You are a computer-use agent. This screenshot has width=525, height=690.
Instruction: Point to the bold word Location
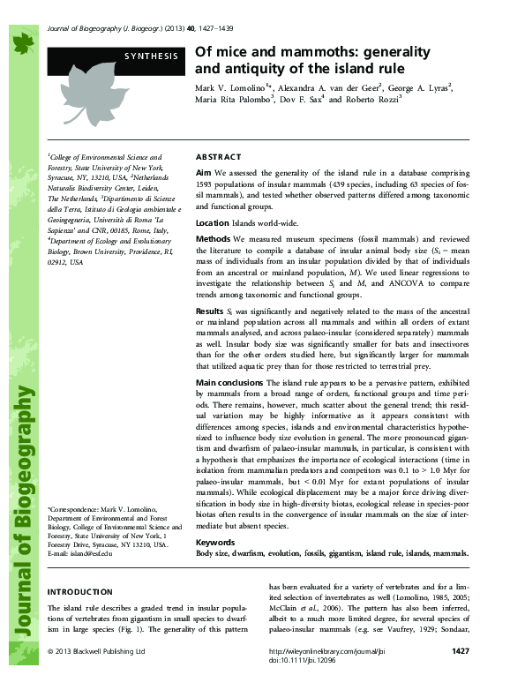coord(212,222)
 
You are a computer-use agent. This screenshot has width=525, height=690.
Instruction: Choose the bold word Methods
coord(214,239)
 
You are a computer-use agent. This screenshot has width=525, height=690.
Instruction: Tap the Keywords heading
coord(215,541)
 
